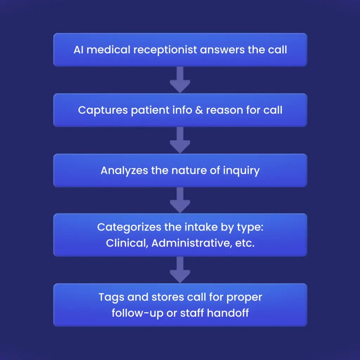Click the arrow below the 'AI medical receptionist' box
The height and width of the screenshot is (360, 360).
pyautogui.click(x=180, y=80)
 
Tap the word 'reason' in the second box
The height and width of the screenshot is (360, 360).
pyautogui.click(x=223, y=110)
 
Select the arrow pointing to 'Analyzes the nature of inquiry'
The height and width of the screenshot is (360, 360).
pyautogui.click(x=180, y=141)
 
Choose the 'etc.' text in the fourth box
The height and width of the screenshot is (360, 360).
pyautogui.click(x=243, y=243)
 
